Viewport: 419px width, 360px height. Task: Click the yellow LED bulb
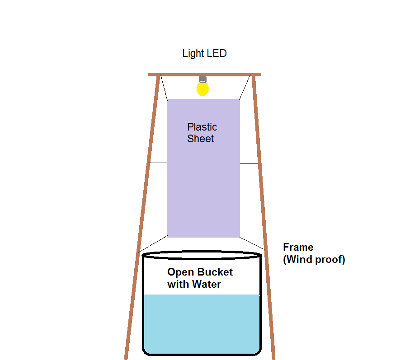coord(202,89)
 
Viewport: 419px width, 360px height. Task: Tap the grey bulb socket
coord(202,79)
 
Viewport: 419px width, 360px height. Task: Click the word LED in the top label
coord(217,53)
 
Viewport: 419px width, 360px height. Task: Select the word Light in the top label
coord(193,54)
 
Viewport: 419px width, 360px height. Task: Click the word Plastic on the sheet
coord(202,127)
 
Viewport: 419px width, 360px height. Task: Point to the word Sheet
coord(200,139)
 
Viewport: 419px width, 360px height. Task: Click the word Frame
coord(298,247)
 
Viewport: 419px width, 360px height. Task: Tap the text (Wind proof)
coord(314,260)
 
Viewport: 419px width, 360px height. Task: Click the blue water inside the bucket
coord(202,324)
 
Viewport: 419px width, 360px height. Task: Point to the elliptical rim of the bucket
coord(202,251)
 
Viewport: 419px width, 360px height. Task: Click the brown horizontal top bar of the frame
coord(204,75)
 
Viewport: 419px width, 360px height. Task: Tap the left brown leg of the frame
coord(142,217)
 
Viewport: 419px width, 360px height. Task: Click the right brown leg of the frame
coord(264,217)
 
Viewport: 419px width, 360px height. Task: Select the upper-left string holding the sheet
coord(164,88)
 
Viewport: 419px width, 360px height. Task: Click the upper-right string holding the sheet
coord(245,87)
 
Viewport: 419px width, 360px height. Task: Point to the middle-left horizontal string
coord(158,163)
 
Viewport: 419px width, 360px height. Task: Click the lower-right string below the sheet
coord(252,243)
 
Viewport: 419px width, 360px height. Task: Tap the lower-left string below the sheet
coord(153,244)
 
